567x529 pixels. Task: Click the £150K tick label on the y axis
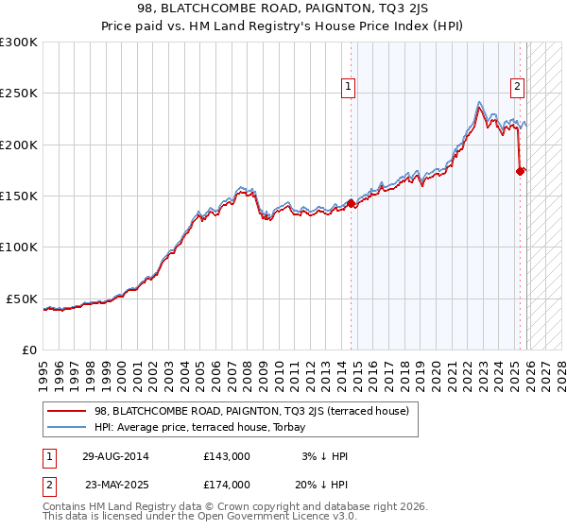pyautogui.click(x=19, y=196)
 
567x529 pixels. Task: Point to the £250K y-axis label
pyautogui.click(x=19, y=94)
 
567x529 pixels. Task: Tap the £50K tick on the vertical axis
pyautogui.click(x=22, y=299)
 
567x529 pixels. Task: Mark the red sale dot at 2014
pyautogui.click(x=351, y=202)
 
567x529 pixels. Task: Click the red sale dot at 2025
pyautogui.click(x=520, y=171)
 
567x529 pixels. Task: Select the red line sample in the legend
pyautogui.click(x=66, y=411)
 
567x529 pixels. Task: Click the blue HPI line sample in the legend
pyautogui.click(x=66, y=427)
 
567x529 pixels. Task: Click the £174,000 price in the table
pyautogui.click(x=226, y=485)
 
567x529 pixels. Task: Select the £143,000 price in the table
pyautogui.click(x=226, y=456)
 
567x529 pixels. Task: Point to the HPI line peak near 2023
pyautogui.click(x=480, y=101)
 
